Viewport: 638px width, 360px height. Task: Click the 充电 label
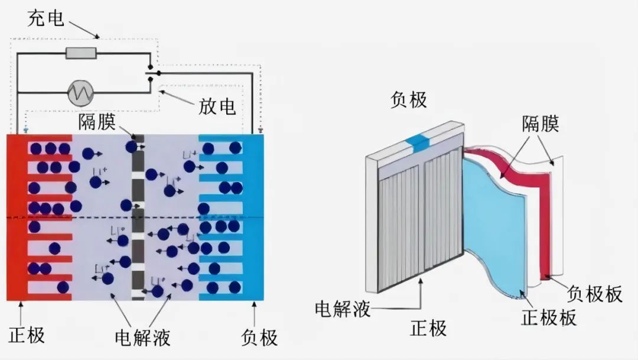[45, 18]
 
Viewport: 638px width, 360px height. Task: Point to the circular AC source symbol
[80, 92]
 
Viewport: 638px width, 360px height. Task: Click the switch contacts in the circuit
[151, 73]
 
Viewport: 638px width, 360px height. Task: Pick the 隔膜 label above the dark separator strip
[99, 122]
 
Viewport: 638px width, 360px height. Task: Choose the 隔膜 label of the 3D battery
[541, 124]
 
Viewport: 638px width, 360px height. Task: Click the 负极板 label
[594, 294]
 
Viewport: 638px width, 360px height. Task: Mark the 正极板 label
[549, 317]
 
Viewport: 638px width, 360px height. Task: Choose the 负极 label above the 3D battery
[408, 99]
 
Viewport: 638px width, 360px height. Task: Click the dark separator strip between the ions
[138, 219]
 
